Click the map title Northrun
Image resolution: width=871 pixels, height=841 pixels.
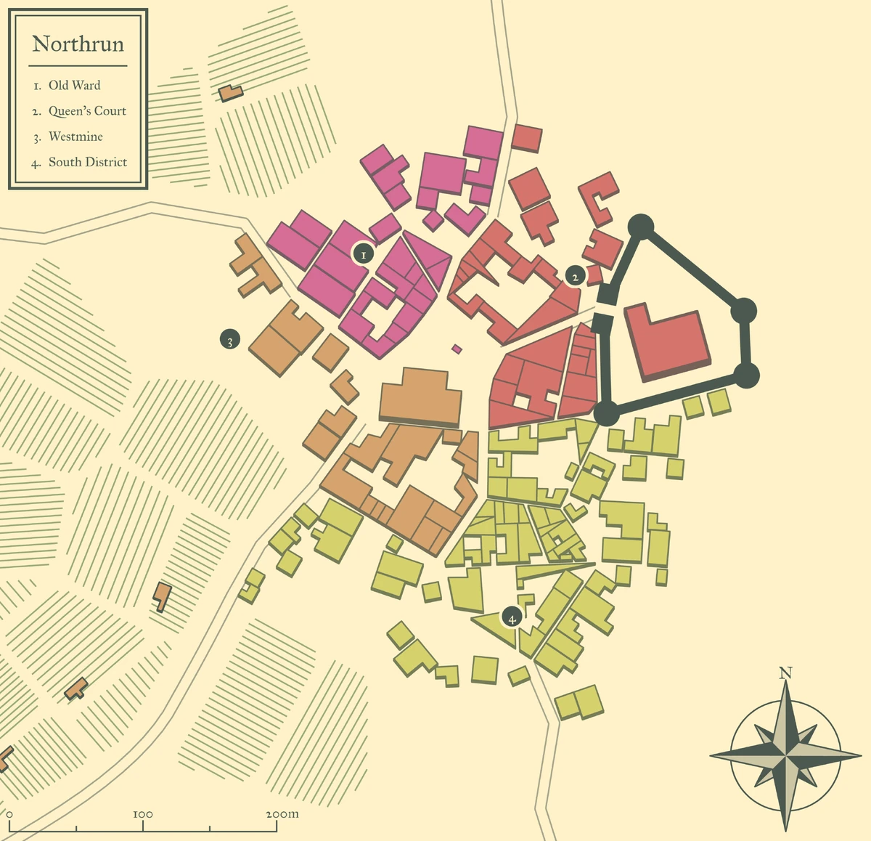(x=78, y=44)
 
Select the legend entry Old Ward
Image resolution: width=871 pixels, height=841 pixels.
(x=74, y=85)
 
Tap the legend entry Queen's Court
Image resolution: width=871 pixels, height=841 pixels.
(x=87, y=111)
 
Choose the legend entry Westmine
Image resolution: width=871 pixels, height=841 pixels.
(x=75, y=137)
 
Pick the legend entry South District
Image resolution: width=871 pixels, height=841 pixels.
(x=87, y=162)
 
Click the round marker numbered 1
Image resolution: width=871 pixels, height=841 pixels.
(x=363, y=253)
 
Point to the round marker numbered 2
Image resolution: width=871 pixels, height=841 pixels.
(x=575, y=276)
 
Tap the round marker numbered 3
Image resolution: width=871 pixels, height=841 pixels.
(x=229, y=339)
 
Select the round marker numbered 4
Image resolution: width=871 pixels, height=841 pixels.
(x=512, y=618)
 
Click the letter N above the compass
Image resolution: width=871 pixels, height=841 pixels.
(x=785, y=673)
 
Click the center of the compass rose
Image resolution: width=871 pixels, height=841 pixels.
(x=785, y=757)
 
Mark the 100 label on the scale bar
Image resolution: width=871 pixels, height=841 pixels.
(x=143, y=814)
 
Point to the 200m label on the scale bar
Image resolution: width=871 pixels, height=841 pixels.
(x=282, y=814)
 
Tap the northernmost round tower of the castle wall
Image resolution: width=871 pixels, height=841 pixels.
(x=641, y=226)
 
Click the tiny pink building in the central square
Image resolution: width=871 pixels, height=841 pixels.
(x=457, y=349)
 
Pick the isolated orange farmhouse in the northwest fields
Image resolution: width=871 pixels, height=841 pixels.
(x=231, y=93)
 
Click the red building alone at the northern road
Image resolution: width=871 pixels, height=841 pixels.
(x=527, y=137)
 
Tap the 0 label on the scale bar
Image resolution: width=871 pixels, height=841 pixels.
(x=9, y=814)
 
